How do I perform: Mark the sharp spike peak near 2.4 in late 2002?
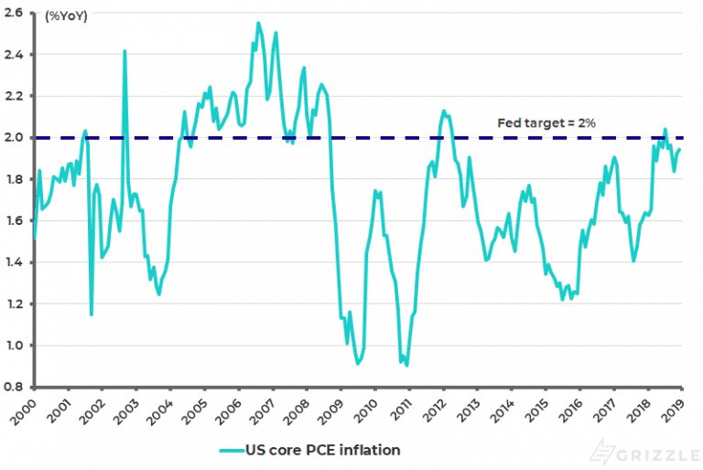click(124, 51)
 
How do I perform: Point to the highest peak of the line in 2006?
click(258, 23)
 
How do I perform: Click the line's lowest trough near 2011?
click(406, 366)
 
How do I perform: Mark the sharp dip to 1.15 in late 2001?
click(92, 315)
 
